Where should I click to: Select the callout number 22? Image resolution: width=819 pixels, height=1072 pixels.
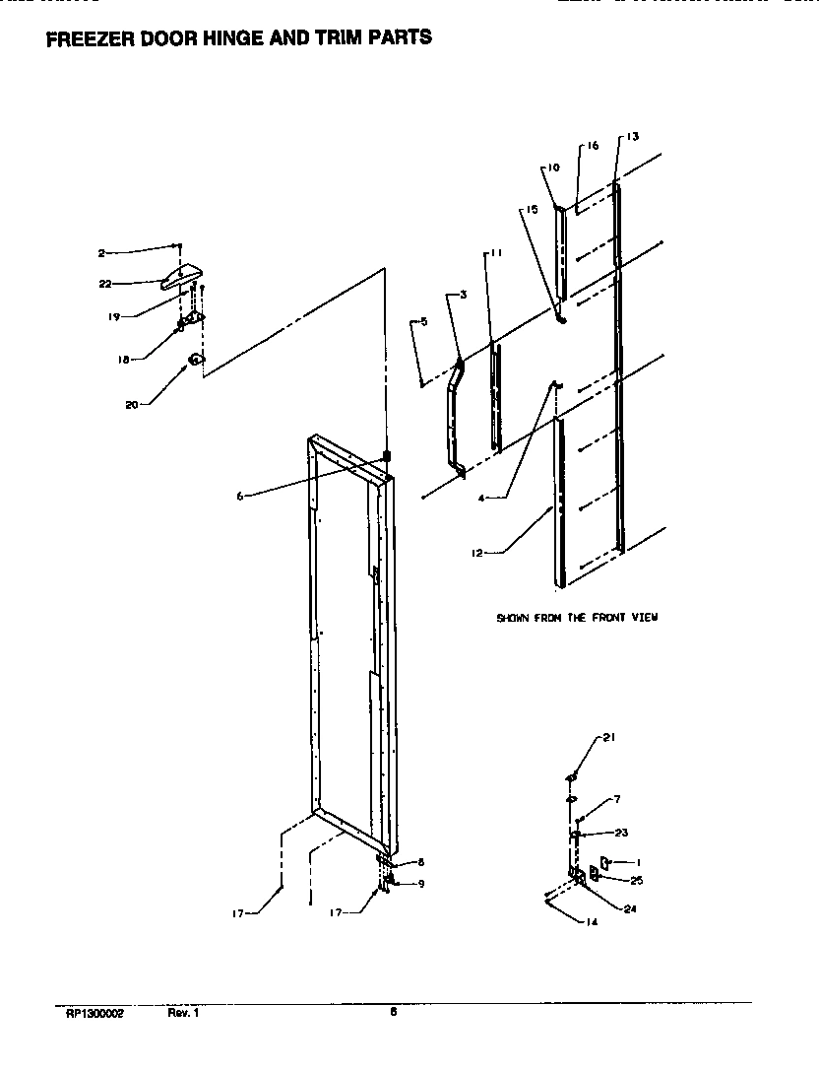[x=104, y=284]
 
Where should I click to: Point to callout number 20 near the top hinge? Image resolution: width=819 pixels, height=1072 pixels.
[x=131, y=403]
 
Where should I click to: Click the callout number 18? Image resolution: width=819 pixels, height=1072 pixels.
[x=124, y=361]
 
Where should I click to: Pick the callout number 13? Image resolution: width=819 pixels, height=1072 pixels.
[x=632, y=136]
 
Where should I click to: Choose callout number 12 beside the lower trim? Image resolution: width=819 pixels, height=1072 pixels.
[x=476, y=553]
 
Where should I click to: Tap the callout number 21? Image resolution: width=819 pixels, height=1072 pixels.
[x=608, y=737]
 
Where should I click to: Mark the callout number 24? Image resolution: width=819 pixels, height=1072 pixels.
[x=630, y=909]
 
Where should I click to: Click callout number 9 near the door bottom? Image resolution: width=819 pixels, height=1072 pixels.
[x=420, y=884]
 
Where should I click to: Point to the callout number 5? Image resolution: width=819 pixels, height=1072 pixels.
[x=423, y=321]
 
